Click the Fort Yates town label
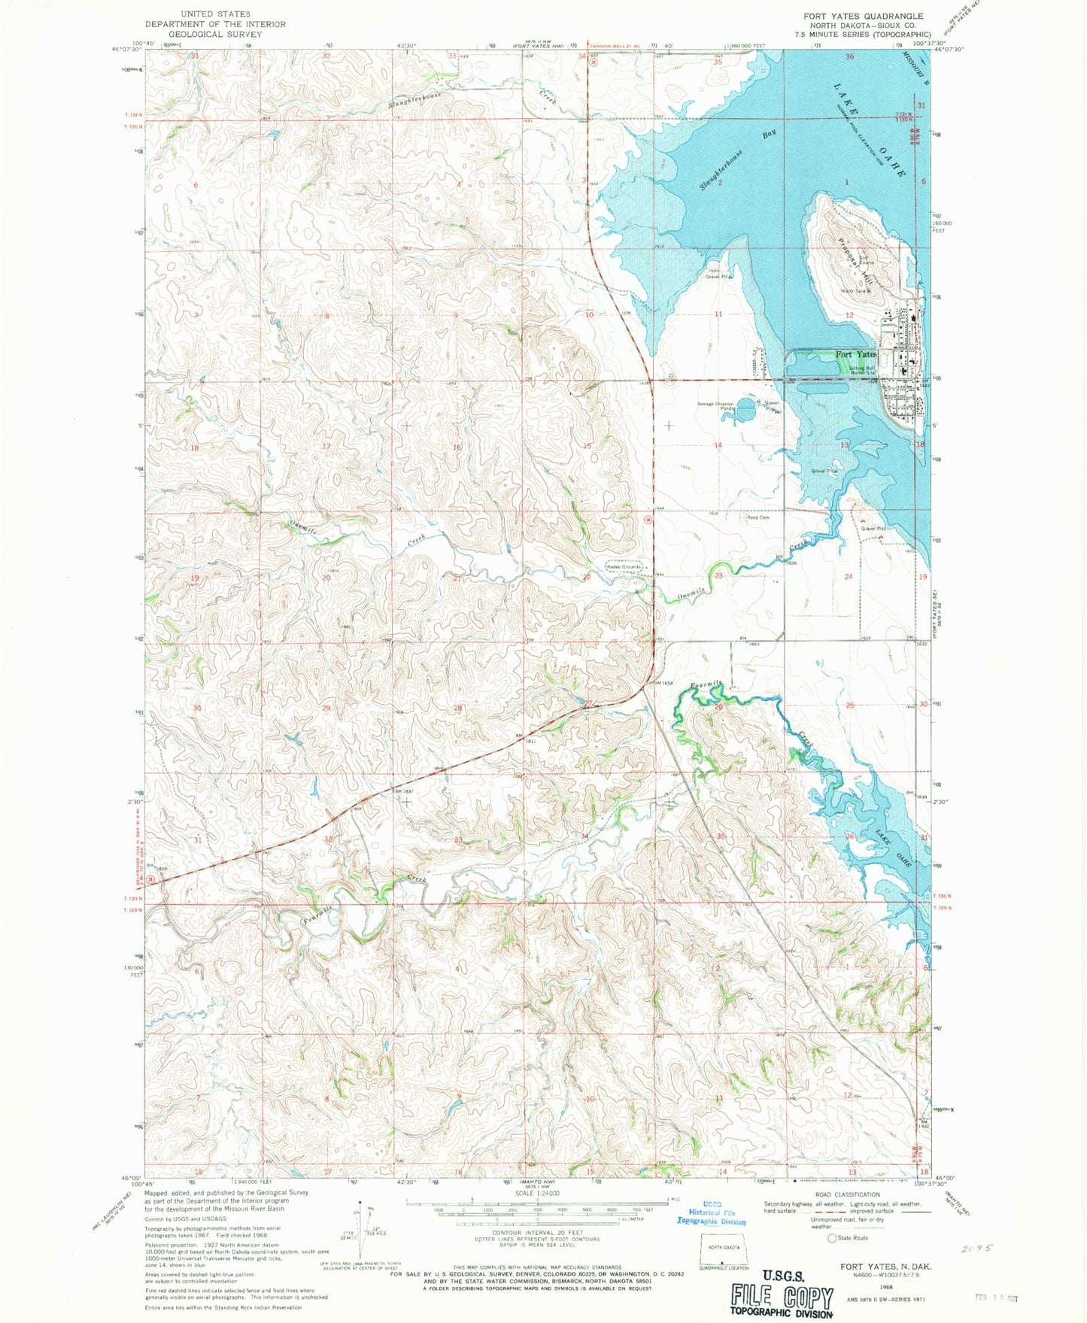856,354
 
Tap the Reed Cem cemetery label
758,517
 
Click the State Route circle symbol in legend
832,1238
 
